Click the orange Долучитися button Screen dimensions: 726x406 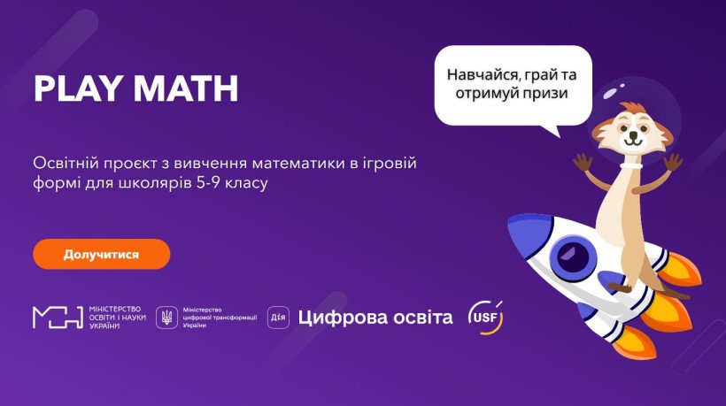point(102,254)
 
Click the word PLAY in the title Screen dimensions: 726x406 point(77,88)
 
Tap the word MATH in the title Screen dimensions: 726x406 point(186,88)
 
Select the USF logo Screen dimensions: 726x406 point(485,318)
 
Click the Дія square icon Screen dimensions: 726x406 point(278,318)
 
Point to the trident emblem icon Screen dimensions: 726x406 point(166,318)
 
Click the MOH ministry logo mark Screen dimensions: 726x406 point(58,318)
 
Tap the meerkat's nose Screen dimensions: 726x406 point(632,134)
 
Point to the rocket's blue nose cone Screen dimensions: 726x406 point(528,229)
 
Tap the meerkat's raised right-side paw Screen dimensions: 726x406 point(673,163)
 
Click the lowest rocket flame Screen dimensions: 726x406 point(633,341)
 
